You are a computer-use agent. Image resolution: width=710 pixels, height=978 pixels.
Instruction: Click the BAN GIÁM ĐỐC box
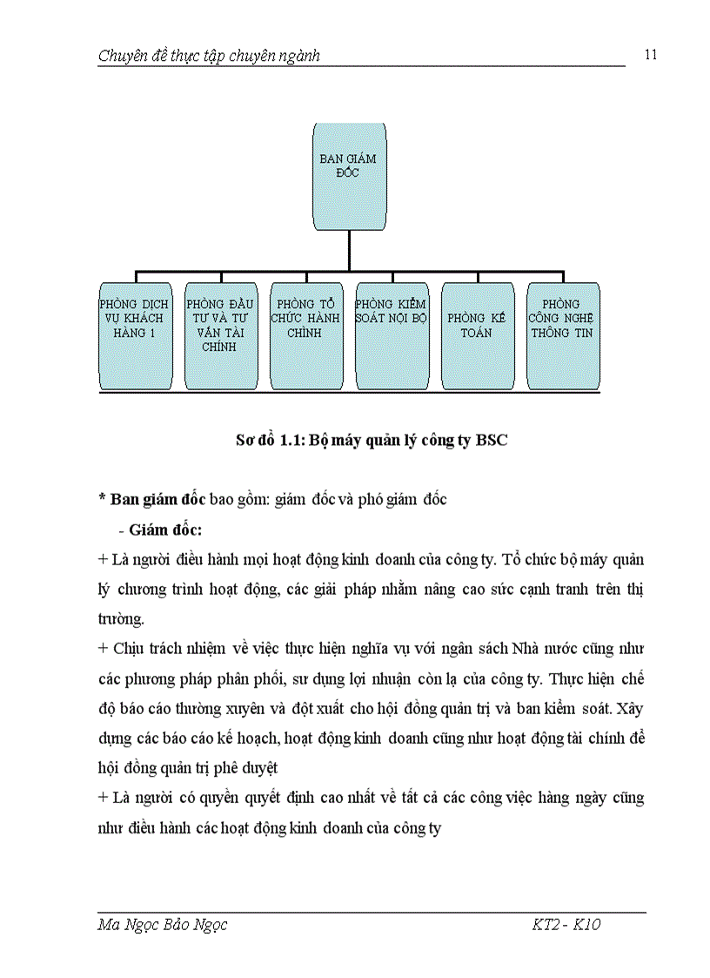pos(349,178)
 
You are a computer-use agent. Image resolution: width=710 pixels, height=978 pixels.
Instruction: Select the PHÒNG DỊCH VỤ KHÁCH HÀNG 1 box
pos(134,335)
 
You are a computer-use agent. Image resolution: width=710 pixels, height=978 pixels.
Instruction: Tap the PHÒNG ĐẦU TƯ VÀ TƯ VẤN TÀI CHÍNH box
pos(220,335)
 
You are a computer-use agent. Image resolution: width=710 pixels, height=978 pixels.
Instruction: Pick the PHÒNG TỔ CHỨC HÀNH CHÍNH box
pos(305,335)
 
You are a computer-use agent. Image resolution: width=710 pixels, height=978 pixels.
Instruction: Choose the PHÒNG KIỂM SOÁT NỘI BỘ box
pos(392,335)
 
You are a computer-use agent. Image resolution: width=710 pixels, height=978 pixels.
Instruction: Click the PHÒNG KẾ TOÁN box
pos(477,335)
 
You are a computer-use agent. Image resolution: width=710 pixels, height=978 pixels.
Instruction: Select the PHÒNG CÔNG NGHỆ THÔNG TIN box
pos(562,335)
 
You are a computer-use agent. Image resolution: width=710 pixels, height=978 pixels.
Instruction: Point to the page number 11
pos(651,55)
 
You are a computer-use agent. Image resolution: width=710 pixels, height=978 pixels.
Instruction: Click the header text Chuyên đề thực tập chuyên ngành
pos(209,57)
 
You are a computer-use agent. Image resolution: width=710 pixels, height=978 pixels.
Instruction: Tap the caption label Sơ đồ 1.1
pos(266,441)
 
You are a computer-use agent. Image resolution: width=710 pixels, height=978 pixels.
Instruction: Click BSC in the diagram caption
pos(492,441)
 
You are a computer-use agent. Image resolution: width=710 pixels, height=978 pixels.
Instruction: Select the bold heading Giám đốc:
pos(165,529)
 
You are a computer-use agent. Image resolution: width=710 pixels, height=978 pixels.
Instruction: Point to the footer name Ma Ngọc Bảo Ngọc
pos(163,925)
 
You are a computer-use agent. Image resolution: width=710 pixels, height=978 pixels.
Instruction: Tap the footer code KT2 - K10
pos(566,925)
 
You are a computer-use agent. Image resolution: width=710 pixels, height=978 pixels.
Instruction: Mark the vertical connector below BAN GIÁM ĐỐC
pos(349,252)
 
